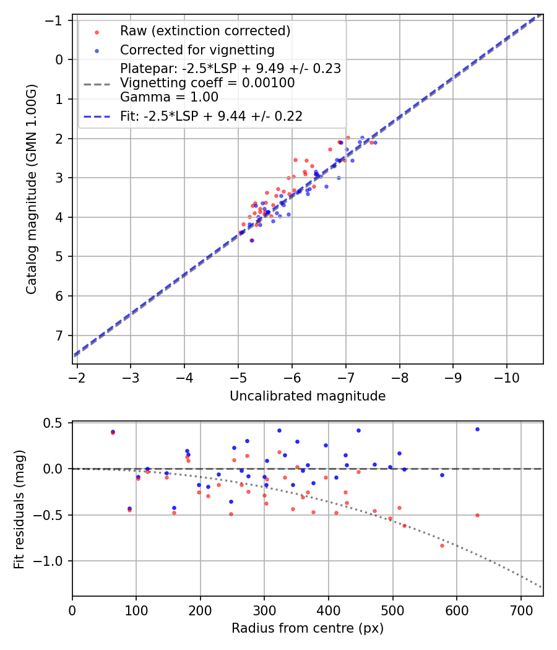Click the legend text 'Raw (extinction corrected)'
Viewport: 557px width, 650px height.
205,31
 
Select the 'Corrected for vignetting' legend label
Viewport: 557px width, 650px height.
197,50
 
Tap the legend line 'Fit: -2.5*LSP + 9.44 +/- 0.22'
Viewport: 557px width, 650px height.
211,116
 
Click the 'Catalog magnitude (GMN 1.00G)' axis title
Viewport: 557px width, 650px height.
32,189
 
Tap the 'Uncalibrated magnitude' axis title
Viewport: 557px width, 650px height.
308,396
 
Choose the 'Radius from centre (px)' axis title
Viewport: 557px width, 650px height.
308,628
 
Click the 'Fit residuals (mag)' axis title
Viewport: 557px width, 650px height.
19,509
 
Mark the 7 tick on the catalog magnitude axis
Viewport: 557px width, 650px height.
59,336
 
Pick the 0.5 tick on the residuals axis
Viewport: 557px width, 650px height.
56,423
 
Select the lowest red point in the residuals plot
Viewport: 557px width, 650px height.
442,545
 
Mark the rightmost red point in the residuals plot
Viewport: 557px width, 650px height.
477,515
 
